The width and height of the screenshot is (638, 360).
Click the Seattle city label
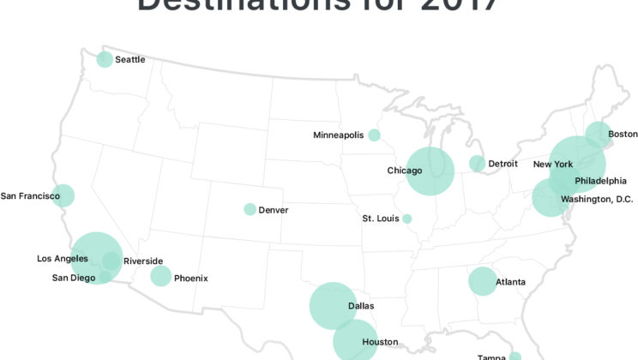tap(129, 60)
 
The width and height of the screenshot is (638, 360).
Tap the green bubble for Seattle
tap(105, 59)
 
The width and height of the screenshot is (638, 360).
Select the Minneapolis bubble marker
tap(374, 135)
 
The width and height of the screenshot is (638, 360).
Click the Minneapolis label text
tap(338, 135)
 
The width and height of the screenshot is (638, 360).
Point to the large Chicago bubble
tap(430, 171)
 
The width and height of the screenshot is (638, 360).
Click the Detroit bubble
tap(477, 164)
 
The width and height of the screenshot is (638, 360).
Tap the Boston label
tap(623, 134)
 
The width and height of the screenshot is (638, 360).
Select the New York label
tap(552, 164)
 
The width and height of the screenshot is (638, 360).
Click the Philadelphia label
tap(600, 181)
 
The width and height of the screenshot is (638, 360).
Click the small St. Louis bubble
tap(407, 219)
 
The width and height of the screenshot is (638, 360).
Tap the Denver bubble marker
tap(250, 209)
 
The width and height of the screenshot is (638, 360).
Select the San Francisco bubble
tap(63, 195)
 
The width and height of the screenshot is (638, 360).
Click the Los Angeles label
tap(62, 258)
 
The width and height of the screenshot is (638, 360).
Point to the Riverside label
tap(142, 261)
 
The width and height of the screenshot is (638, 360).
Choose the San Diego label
tap(73, 277)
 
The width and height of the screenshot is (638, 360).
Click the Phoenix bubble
tap(160, 276)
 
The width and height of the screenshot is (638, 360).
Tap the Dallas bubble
tap(333, 306)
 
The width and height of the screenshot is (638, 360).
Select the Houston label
tap(380, 342)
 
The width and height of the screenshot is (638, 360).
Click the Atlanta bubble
tap(482, 281)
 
